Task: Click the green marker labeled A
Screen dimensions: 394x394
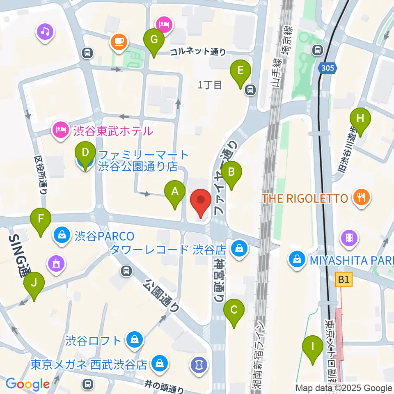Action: [x=175, y=191]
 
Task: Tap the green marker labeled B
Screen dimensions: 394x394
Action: [x=231, y=172]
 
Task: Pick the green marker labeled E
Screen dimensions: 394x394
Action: [x=241, y=71]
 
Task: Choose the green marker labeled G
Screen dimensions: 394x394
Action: [x=154, y=40]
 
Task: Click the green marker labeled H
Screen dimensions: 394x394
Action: [x=360, y=119]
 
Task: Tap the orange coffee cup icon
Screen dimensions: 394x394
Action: [x=119, y=41]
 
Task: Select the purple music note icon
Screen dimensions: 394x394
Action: [x=45, y=31]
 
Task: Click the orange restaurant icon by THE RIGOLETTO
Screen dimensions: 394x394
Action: [x=362, y=199]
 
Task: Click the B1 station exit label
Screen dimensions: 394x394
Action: [x=344, y=280]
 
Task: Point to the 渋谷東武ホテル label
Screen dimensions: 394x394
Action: [x=113, y=131]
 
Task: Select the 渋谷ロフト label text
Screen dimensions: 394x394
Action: [x=94, y=340]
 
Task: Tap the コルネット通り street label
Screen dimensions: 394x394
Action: [x=198, y=52]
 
